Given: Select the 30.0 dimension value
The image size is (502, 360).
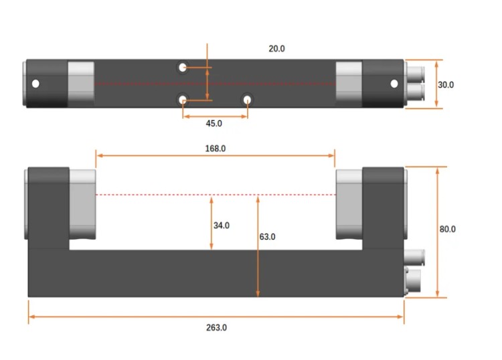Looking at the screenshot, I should click(446, 85).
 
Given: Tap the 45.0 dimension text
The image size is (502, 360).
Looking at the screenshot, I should click(214, 123).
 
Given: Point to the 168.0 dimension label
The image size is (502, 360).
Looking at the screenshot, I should click(215, 149).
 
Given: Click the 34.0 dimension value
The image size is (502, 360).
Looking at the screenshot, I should click(222, 226).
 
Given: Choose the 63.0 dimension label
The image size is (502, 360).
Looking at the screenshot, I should click(267, 236).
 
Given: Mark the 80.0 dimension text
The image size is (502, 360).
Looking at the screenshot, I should click(447, 229).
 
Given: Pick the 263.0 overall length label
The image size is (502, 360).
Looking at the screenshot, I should click(216, 327).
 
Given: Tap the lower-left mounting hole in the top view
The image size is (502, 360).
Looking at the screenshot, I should click(183, 100).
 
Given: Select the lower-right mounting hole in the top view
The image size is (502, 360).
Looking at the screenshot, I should click(248, 100).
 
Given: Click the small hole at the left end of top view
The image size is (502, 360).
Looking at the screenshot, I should click(36, 84).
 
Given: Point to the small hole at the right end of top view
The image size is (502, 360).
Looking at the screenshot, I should click(394, 84).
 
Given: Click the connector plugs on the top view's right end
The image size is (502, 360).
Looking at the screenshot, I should click(416, 84).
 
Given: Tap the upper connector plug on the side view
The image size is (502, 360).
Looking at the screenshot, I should click(416, 255).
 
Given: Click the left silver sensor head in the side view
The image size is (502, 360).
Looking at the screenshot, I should click(82, 204).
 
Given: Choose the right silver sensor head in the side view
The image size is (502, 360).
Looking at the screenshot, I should click(349, 204).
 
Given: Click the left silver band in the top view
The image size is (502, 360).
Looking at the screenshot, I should click(82, 84).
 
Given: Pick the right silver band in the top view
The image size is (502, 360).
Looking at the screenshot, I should click(348, 84).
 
